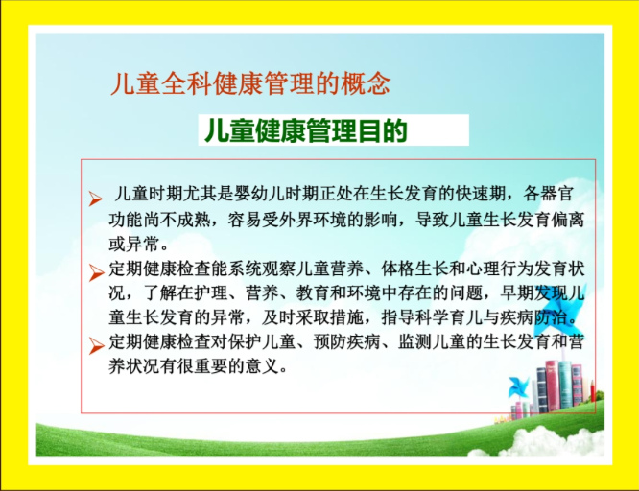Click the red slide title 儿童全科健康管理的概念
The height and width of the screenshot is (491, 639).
pos(250,83)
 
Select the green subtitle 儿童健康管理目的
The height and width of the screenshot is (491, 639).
pos(306,130)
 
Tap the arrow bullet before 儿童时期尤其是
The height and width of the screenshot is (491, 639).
pos(96,199)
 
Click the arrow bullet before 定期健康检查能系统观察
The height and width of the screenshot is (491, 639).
pos(97,272)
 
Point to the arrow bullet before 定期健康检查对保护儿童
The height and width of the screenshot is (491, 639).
pos(97,346)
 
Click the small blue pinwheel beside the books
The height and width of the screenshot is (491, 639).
pos(518,386)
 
